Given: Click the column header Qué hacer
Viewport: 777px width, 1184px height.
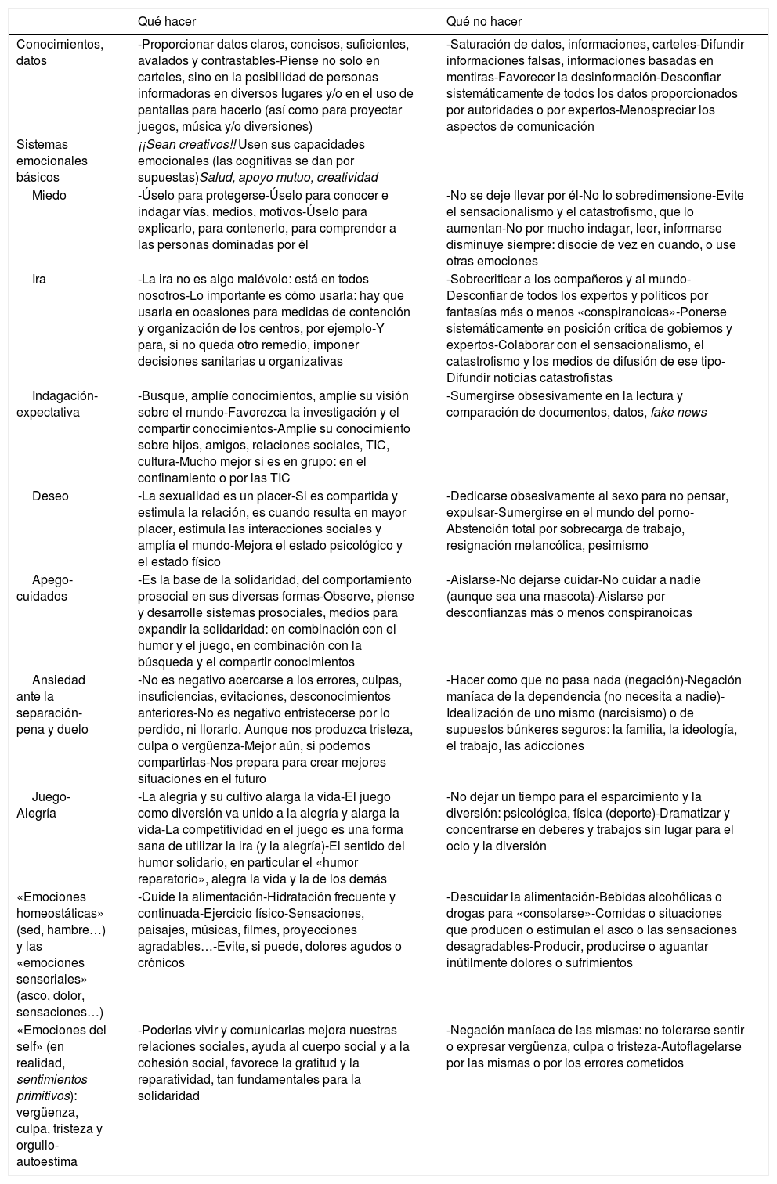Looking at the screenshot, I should click(x=166, y=22).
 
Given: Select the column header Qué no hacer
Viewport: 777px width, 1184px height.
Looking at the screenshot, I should click(x=483, y=22).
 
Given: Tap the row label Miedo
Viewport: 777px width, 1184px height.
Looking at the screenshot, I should click(x=49, y=196).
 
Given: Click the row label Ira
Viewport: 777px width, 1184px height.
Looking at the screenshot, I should click(x=39, y=280).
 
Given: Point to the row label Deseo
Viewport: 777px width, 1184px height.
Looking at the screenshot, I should click(x=50, y=496).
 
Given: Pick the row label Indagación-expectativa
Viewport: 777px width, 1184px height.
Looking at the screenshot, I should click(x=56, y=404).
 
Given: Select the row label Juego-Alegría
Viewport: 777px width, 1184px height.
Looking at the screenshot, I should click(x=43, y=805).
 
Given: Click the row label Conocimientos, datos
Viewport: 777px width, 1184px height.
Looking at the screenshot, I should click(x=59, y=52).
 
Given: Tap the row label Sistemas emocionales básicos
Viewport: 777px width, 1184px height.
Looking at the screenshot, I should click(x=52, y=161).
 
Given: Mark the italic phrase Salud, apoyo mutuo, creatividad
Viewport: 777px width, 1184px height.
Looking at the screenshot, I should click(x=289, y=178).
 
